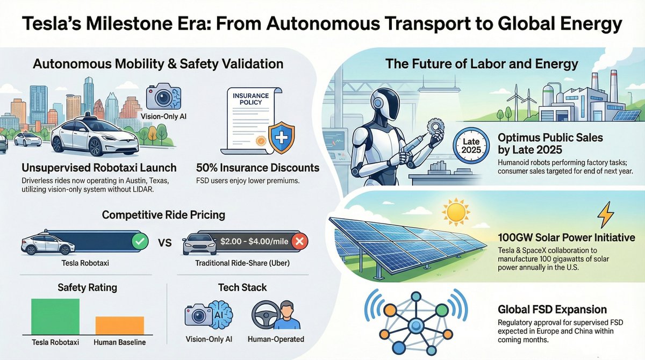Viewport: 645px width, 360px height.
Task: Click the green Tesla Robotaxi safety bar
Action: pyautogui.click(x=55, y=316)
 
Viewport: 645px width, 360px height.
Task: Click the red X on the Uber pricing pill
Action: pyautogui.click(x=301, y=242)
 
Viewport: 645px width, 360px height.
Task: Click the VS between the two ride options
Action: pyautogui.click(x=165, y=243)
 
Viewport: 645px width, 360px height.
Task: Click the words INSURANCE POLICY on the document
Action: pyautogui.click(x=250, y=99)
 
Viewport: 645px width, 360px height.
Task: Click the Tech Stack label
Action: pyautogui.click(x=243, y=287)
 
